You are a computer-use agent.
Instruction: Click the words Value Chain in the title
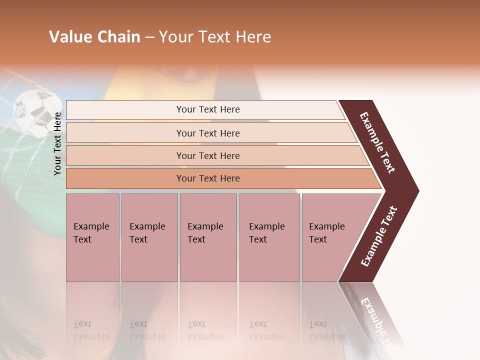(x=94, y=37)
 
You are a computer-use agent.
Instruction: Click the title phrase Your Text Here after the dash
(x=215, y=37)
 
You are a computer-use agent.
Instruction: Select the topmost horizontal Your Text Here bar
(x=207, y=109)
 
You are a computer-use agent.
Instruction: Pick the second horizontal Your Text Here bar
(x=207, y=133)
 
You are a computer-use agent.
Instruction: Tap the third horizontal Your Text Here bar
(x=207, y=155)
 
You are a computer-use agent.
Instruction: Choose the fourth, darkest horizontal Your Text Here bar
(x=207, y=178)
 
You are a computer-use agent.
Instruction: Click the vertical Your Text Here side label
(x=57, y=143)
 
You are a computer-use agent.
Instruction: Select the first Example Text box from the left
(x=92, y=237)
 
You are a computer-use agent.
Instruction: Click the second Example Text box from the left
(x=149, y=237)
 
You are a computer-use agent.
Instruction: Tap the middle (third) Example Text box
(x=208, y=237)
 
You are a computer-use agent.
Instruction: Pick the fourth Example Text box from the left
(x=269, y=237)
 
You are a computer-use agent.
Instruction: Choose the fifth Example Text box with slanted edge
(x=330, y=237)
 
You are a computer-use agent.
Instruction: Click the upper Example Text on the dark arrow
(x=377, y=142)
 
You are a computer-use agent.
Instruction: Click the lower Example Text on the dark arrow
(x=379, y=236)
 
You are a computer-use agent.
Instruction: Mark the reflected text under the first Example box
(x=91, y=330)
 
